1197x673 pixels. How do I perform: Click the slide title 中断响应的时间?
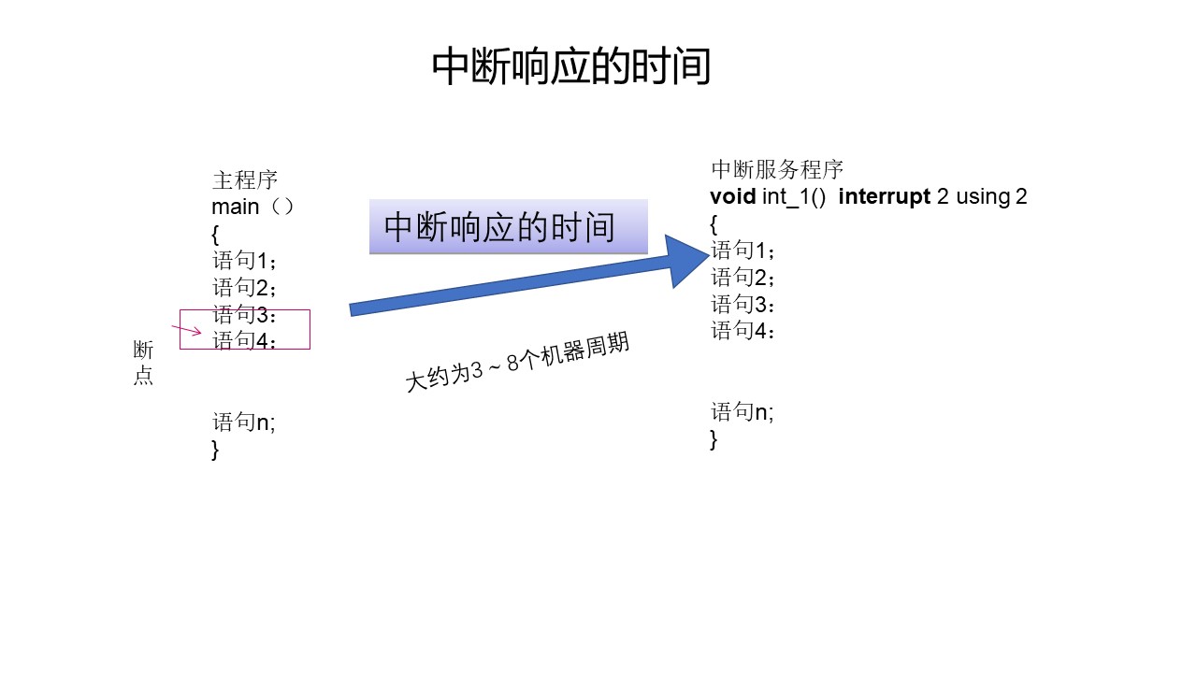tap(571, 68)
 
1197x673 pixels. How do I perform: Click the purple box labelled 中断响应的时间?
tap(508, 227)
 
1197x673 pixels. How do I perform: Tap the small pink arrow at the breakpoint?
tap(187, 329)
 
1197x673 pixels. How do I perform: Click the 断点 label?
tap(143, 364)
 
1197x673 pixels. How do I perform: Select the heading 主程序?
tap(245, 180)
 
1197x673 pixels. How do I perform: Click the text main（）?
tap(253, 207)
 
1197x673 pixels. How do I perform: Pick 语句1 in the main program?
tap(244, 261)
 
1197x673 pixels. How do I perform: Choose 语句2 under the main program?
tap(244, 287)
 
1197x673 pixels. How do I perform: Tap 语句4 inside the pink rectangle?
tap(244, 340)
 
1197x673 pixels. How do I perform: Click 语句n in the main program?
tap(244, 422)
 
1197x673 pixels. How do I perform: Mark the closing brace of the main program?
tap(215, 450)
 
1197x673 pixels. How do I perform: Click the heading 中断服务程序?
tap(777, 169)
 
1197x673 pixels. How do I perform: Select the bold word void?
tap(732, 196)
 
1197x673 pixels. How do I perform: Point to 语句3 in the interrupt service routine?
tap(743, 304)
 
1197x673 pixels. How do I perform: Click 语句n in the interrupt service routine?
tap(743, 412)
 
